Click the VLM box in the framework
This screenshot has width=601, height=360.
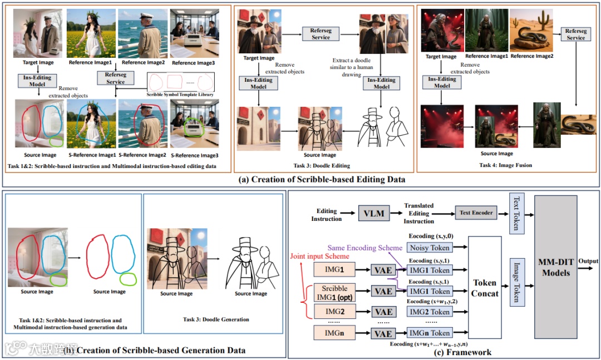pos(374,213)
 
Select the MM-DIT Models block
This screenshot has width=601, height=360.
pos(558,267)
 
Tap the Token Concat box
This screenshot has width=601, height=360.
pos(484,287)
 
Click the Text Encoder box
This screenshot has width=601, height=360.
pos(476,213)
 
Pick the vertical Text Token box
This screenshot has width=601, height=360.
pos(515,213)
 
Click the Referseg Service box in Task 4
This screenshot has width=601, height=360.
pos(576,34)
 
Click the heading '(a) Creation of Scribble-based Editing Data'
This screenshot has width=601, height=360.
pos(300,179)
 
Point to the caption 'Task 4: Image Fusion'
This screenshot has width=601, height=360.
pos(505,165)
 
